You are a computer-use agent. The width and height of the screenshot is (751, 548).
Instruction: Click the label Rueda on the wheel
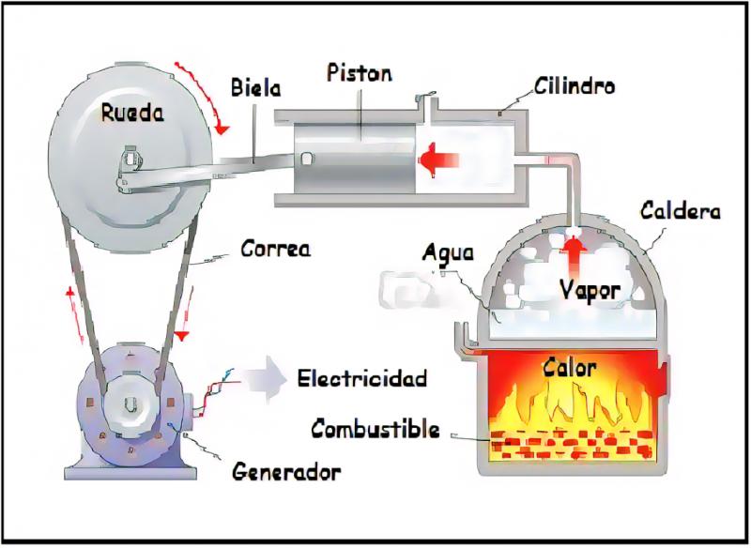click(132, 113)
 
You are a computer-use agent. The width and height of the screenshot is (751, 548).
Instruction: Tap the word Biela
click(255, 87)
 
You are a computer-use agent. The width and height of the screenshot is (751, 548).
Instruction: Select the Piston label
click(360, 73)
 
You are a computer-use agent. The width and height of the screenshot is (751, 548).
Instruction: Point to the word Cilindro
click(575, 85)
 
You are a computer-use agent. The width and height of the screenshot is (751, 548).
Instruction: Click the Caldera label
click(680, 210)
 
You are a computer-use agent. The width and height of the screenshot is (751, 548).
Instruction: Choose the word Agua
click(448, 252)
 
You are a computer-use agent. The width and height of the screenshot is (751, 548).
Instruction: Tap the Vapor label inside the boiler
click(590, 290)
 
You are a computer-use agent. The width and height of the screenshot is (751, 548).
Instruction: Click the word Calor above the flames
click(570, 368)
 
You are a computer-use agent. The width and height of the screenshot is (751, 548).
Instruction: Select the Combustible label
click(375, 428)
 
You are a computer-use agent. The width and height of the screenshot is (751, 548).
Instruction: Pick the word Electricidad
click(362, 378)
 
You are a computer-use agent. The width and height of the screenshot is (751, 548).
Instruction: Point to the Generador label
click(286, 472)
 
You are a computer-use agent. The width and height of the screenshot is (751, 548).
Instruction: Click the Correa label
click(275, 249)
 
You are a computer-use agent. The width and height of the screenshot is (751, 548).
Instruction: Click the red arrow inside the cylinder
click(439, 160)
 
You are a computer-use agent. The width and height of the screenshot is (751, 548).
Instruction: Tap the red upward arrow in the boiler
click(573, 253)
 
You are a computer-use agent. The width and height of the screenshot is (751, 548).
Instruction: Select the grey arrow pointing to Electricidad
click(265, 377)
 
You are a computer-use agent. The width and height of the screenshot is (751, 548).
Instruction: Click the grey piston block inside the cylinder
click(355, 159)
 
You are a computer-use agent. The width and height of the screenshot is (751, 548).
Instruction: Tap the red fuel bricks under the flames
click(573, 444)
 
